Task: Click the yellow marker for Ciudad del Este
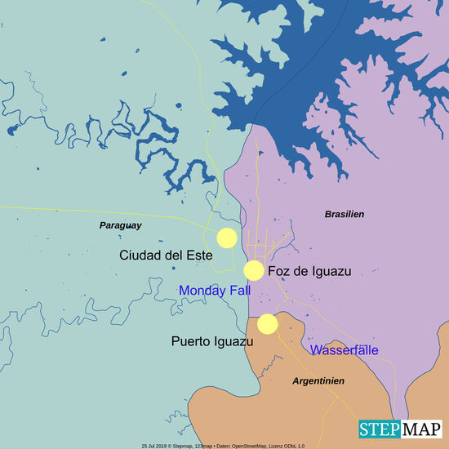(227, 238)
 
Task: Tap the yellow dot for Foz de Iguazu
(254, 270)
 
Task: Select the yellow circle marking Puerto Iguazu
(267, 324)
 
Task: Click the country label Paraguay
(121, 224)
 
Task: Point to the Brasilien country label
(345, 213)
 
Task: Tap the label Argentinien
(318, 381)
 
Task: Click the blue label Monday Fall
(215, 291)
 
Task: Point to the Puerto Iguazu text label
(211, 341)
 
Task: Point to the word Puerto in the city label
(192, 341)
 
